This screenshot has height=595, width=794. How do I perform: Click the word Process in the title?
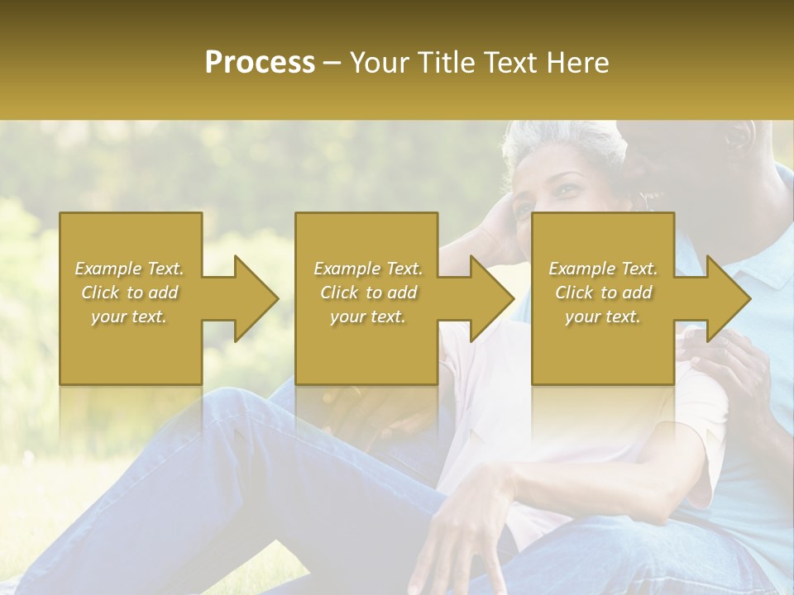[x=260, y=63]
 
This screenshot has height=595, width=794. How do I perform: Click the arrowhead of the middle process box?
[x=490, y=298]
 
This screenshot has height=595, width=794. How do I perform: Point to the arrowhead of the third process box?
[x=727, y=298]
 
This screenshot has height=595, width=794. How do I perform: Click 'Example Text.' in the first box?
[x=130, y=269]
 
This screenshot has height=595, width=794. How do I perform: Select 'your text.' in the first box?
[x=130, y=317]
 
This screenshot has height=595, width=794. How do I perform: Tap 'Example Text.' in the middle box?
[x=368, y=269]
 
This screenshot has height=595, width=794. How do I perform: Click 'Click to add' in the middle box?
[x=368, y=293]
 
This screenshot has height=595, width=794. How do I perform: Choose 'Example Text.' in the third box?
[x=603, y=269]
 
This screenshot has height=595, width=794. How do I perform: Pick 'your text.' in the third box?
[x=603, y=317]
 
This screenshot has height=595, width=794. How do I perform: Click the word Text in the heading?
[x=514, y=63]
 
